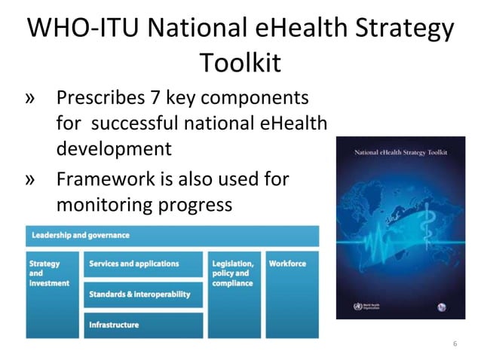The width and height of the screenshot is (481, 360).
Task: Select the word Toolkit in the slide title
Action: coord(240,63)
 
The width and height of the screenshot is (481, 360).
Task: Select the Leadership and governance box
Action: coord(172,236)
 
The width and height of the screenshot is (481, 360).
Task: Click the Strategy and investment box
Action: coord(51,294)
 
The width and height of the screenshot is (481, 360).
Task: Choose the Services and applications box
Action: coord(143,264)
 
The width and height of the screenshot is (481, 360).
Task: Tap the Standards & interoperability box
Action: coord(143,294)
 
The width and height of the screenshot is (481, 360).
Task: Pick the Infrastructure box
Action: coord(143,325)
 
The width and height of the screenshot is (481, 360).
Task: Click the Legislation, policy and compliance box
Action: coord(233,294)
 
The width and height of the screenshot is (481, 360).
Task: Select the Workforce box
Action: coord(291,294)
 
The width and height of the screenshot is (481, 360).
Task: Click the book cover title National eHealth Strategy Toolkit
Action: coord(400,153)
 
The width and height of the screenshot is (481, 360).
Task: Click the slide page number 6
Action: coord(455,343)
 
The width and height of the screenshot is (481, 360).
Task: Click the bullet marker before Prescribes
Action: coord(32,99)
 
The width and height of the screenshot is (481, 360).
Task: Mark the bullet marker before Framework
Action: coord(32,181)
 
